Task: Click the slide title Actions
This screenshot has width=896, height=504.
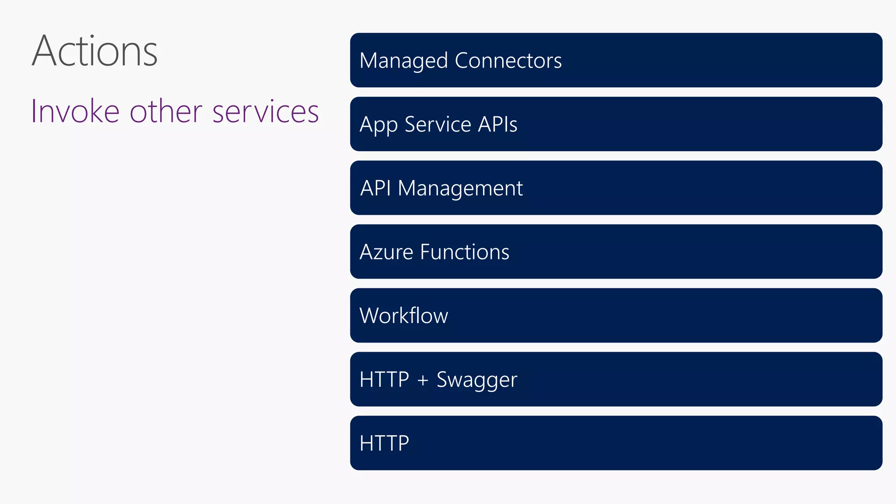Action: click(x=94, y=52)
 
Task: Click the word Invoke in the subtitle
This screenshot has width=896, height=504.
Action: click(x=75, y=112)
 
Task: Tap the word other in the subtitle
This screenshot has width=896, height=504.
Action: click(x=166, y=112)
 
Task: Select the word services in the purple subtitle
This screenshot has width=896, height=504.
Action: click(x=266, y=112)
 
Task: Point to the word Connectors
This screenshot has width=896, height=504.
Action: click(x=508, y=60)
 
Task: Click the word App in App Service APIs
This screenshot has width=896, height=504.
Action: click(x=378, y=125)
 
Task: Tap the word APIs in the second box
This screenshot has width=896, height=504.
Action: click(x=497, y=124)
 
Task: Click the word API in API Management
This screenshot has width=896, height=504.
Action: click(x=375, y=188)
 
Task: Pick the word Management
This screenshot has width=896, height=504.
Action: click(x=460, y=189)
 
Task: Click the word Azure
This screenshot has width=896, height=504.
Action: click(x=386, y=252)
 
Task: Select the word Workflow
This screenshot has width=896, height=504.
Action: click(x=403, y=315)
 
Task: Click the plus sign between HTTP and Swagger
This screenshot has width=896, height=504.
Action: click(x=423, y=380)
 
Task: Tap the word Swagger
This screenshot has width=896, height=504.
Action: click(x=477, y=380)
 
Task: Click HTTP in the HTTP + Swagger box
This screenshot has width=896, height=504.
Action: click(x=384, y=379)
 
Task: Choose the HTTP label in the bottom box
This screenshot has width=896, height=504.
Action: click(x=384, y=443)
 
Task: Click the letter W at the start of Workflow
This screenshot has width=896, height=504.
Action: click(x=370, y=315)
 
